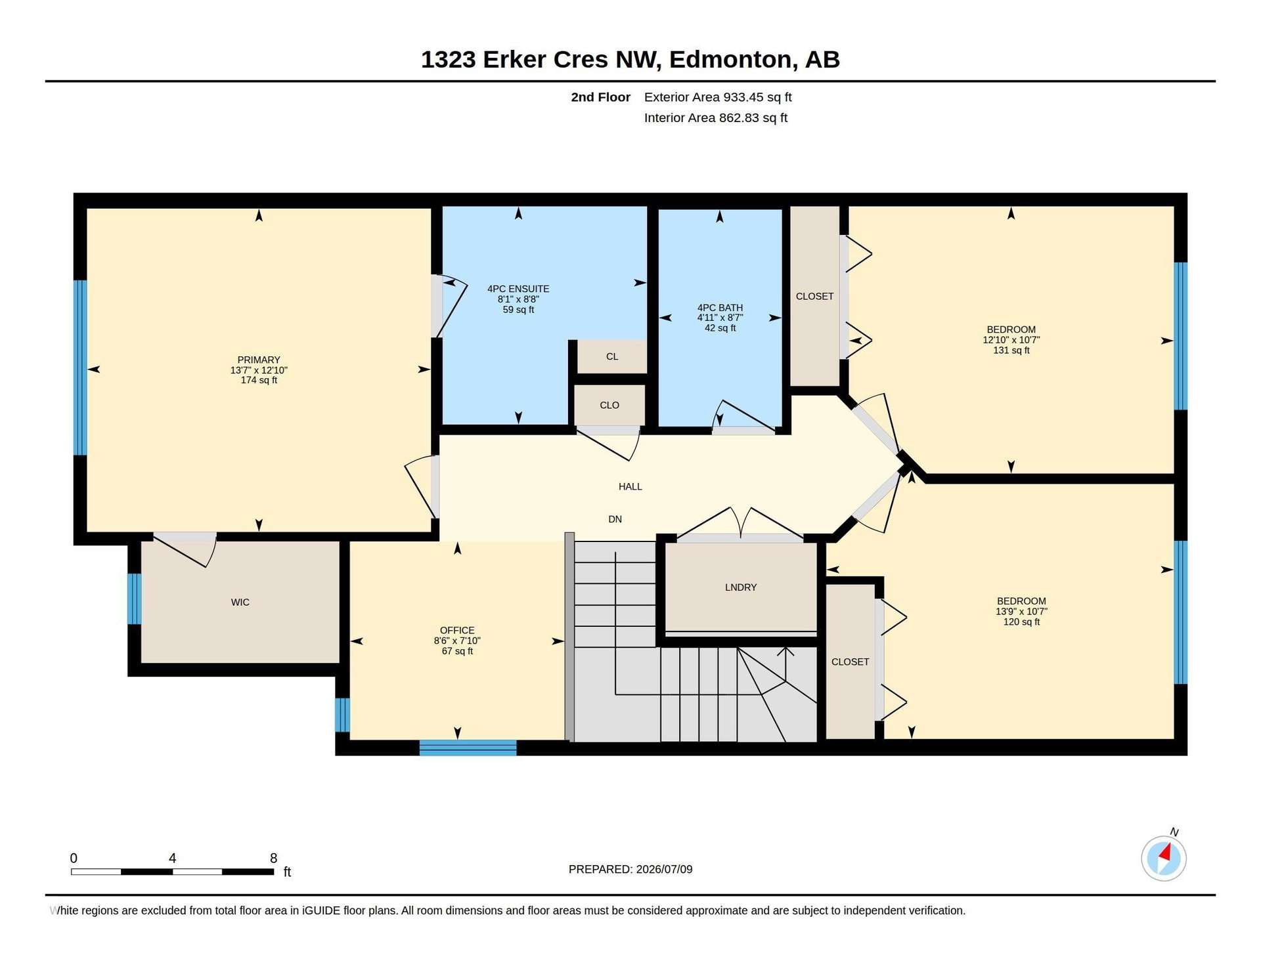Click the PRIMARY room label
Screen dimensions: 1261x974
[259, 360]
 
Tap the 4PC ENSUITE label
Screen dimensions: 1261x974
[518, 289]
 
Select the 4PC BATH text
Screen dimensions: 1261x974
[720, 307]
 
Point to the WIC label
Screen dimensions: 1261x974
[240, 602]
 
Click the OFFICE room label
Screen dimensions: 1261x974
[457, 630]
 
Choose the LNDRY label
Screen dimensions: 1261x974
[741, 587]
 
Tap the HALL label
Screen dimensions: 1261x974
[630, 486]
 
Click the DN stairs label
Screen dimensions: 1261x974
[615, 519]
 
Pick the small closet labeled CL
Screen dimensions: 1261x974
[612, 356]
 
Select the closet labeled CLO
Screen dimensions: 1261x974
[609, 405]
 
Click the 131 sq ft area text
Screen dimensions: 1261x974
[1011, 350]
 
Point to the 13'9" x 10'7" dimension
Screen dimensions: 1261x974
[1021, 611]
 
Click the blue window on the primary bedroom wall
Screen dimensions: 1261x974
[80, 368]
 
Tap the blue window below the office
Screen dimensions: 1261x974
[468, 748]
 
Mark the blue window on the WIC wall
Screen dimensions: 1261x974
[134, 599]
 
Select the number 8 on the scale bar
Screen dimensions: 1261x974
[274, 858]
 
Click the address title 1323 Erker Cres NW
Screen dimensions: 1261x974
[539, 60]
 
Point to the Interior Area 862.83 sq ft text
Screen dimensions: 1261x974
[716, 118]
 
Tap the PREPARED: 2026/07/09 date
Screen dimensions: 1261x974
[630, 869]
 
